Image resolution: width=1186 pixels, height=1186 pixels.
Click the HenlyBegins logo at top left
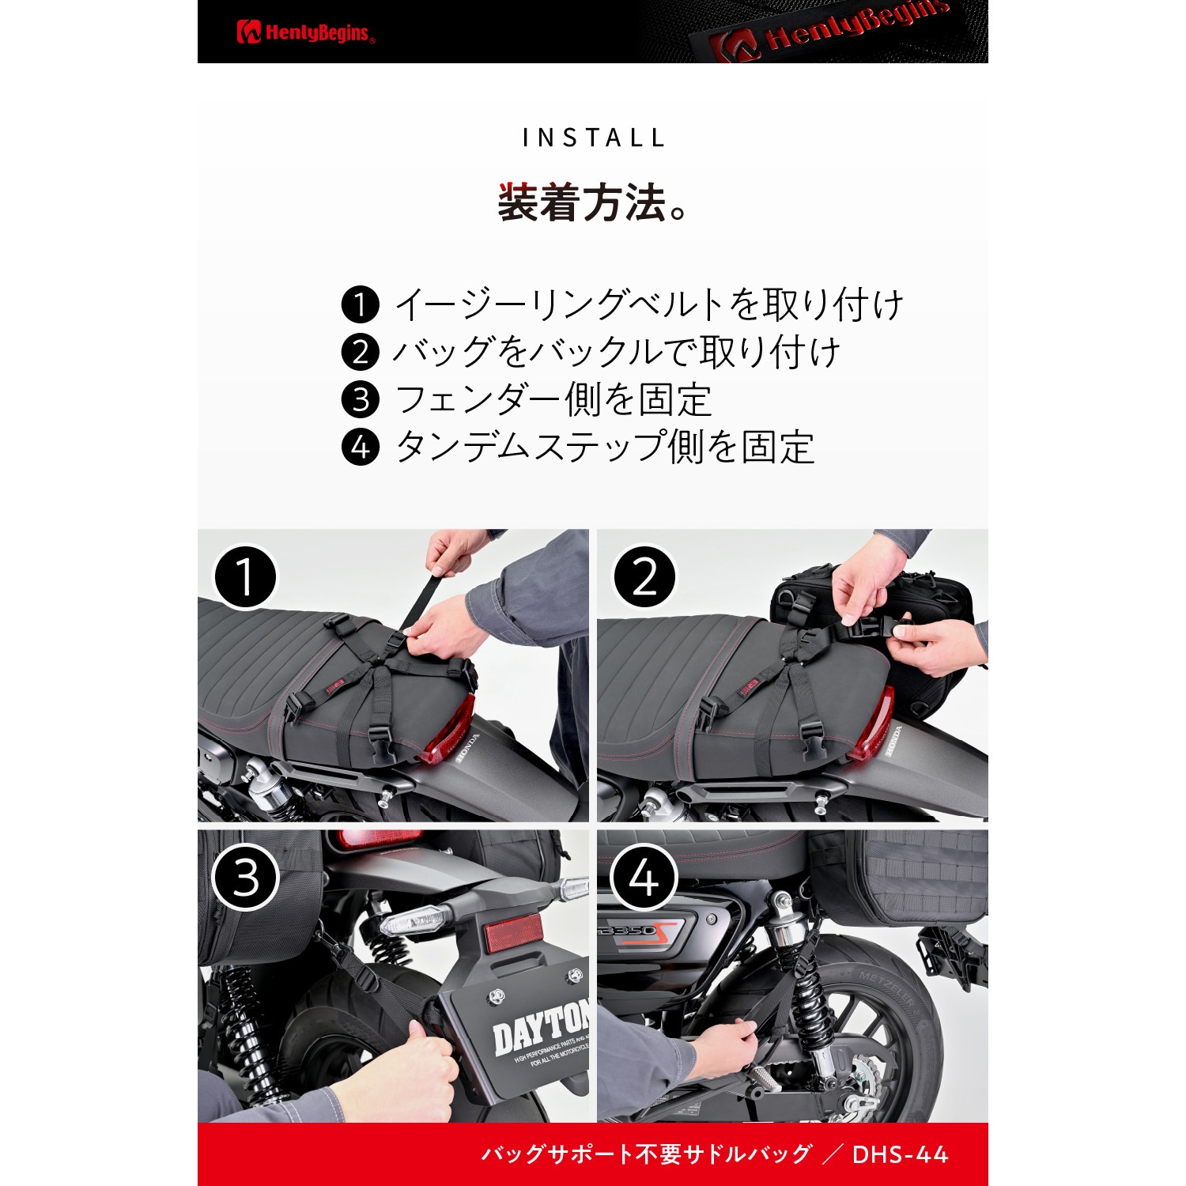pos(305,32)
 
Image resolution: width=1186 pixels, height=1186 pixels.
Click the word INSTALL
pos(593,138)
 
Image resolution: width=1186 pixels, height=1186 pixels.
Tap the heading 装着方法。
pos(593,203)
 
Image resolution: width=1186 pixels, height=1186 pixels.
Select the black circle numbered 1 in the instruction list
pos(361,304)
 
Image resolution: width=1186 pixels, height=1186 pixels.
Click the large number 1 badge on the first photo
pos(245,576)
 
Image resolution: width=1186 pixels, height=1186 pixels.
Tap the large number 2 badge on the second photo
pos(645,576)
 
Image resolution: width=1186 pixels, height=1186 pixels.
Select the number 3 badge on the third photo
pos(246,878)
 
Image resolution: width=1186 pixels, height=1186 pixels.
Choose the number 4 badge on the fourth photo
pos(645,878)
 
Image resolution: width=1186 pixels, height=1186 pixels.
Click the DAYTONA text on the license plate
pos(541,1026)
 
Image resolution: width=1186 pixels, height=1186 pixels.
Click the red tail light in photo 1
pos(447,729)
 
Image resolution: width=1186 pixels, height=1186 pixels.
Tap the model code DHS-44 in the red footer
pos(900,1154)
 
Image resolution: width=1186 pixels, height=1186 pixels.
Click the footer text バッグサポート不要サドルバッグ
pos(646,1154)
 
